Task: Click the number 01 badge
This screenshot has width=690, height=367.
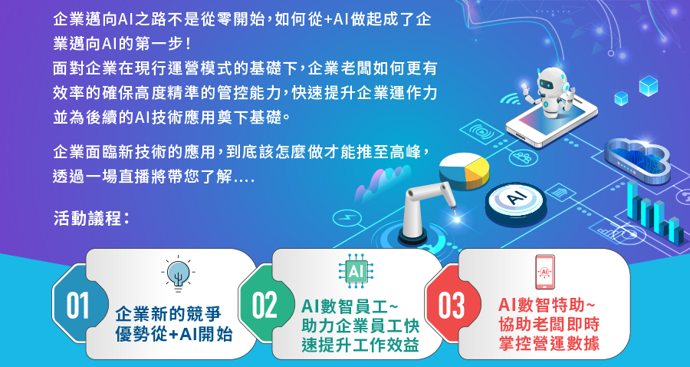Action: coord(78,305)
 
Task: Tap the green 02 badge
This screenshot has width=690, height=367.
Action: coord(264,305)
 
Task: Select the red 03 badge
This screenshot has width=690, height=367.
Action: coord(451,305)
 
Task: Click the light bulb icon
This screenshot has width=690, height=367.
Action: coord(178,274)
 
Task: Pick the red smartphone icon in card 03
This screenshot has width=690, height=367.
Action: coord(545,272)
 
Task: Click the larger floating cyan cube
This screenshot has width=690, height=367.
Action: coord(648,86)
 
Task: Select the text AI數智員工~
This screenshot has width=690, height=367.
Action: coord(350,306)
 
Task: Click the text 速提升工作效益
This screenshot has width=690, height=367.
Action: coord(360,345)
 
